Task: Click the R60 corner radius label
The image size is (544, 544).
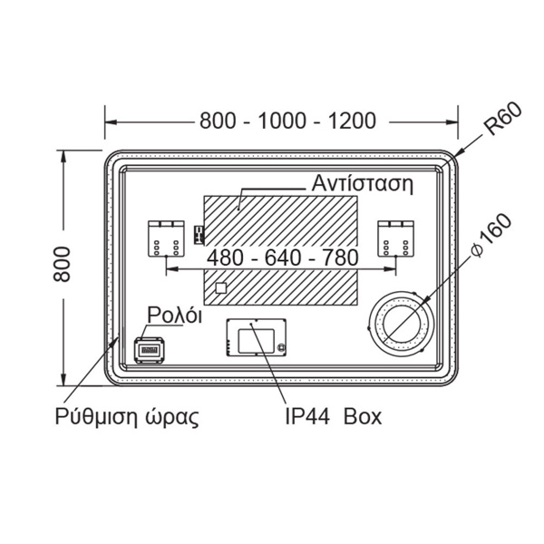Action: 503,119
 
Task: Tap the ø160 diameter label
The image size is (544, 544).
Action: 492,236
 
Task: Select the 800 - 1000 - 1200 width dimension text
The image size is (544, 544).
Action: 287,121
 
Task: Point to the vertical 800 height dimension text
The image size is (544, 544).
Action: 62,264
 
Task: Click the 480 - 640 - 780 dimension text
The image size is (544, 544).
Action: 283,257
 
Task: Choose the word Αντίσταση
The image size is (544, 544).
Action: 363,183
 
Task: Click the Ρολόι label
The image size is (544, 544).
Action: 174,315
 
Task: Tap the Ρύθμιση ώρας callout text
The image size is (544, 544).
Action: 127,417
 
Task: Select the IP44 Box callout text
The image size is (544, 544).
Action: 333,416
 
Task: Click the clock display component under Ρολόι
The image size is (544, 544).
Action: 150,350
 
